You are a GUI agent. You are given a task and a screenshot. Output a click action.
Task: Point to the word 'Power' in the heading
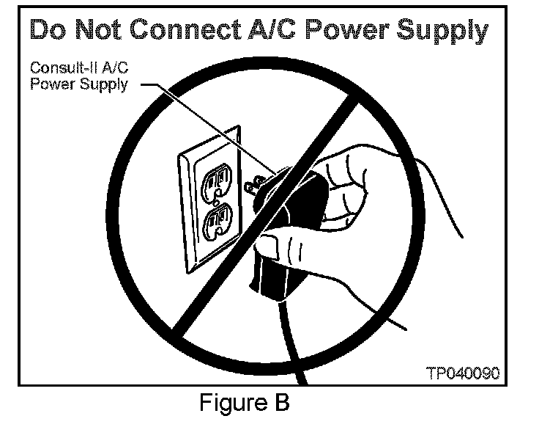click(x=352, y=31)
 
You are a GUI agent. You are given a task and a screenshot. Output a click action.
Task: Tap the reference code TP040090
click(x=463, y=373)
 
